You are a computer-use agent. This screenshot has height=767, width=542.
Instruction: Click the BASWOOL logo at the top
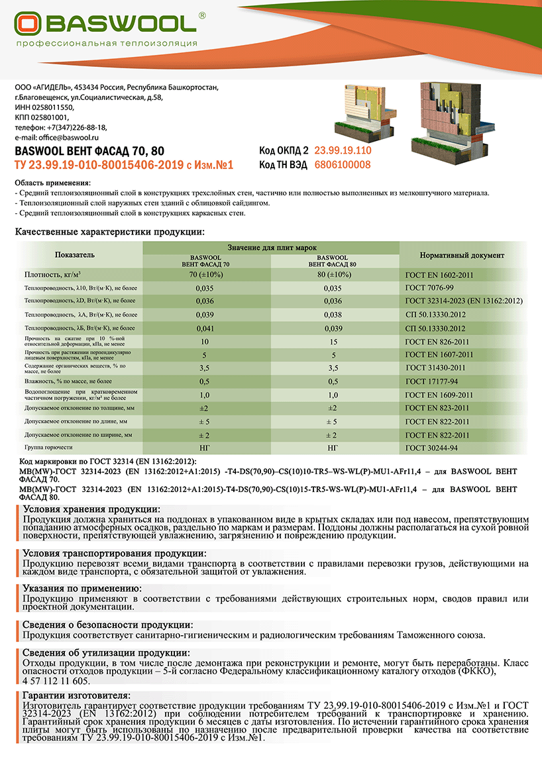pos(106,25)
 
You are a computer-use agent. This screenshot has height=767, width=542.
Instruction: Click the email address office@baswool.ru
pos(61,137)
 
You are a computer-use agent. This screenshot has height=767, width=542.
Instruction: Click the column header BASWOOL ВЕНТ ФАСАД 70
pos(206,260)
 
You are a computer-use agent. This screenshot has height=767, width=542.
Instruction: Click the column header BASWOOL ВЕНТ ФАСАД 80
pos(333,260)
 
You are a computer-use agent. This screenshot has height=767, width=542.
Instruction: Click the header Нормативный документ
pos(462,255)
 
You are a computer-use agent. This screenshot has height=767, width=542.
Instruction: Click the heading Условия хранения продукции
pos(91,509)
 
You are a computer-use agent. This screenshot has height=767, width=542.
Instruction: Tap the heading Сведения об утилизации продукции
pos(106,653)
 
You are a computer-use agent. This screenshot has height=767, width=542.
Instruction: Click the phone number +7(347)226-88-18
pos(76,127)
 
